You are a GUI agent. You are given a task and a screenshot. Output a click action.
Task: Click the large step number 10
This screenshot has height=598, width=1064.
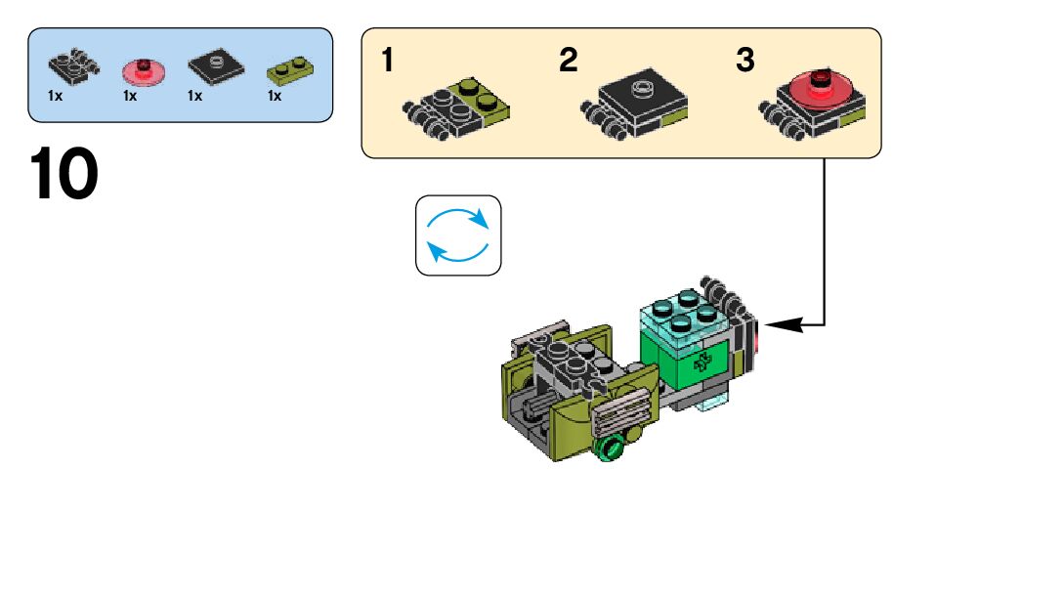(x=64, y=176)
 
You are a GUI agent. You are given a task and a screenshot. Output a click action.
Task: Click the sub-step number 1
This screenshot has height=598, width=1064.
(x=388, y=61)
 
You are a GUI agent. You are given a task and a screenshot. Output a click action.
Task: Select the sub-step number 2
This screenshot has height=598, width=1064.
(x=568, y=61)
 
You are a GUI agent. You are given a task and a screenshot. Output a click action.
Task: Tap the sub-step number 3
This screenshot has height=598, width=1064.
(x=745, y=61)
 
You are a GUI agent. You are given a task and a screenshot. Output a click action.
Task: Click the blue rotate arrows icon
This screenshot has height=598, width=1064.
(x=458, y=235)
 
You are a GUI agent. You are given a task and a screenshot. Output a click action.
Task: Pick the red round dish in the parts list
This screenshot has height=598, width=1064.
(x=143, y=70)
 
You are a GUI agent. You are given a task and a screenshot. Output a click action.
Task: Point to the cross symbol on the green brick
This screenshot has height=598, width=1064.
(x=701, y=363)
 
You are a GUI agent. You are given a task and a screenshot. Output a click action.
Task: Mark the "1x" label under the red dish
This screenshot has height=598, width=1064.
(x=129, y=97)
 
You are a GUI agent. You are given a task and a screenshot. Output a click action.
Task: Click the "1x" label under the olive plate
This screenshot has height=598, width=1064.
(x=275, y=97)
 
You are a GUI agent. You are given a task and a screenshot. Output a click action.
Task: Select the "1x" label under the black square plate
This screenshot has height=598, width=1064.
(x=194, y=97)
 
